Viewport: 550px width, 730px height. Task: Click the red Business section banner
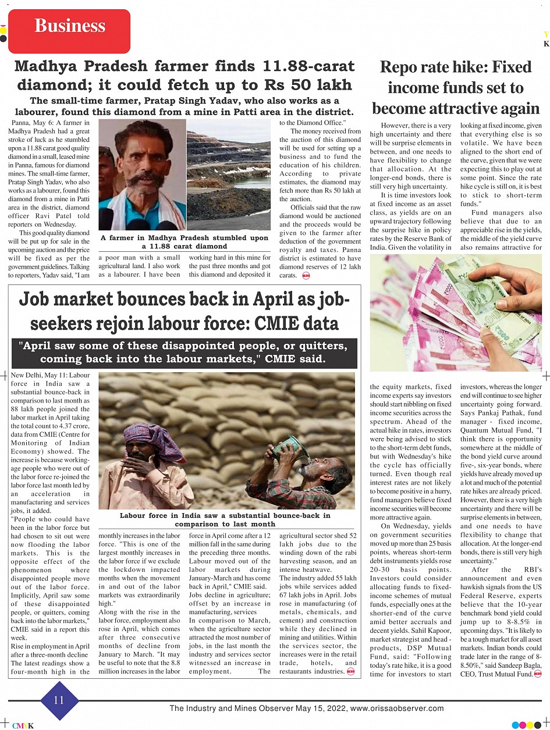pos(70,26)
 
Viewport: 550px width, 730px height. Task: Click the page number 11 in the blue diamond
pos(59,700)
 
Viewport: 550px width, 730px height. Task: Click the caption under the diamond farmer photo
pos(184,242)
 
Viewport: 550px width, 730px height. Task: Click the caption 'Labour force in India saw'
pos(225,519)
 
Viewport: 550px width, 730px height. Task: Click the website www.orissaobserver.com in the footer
pos(397,708)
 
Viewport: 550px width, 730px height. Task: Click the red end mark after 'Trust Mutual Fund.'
pos(537,674)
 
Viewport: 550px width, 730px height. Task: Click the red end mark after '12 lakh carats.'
pos(306,275)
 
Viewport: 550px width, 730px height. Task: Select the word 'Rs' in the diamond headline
pos(281,85)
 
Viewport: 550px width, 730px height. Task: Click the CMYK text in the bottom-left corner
pos(23,725)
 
